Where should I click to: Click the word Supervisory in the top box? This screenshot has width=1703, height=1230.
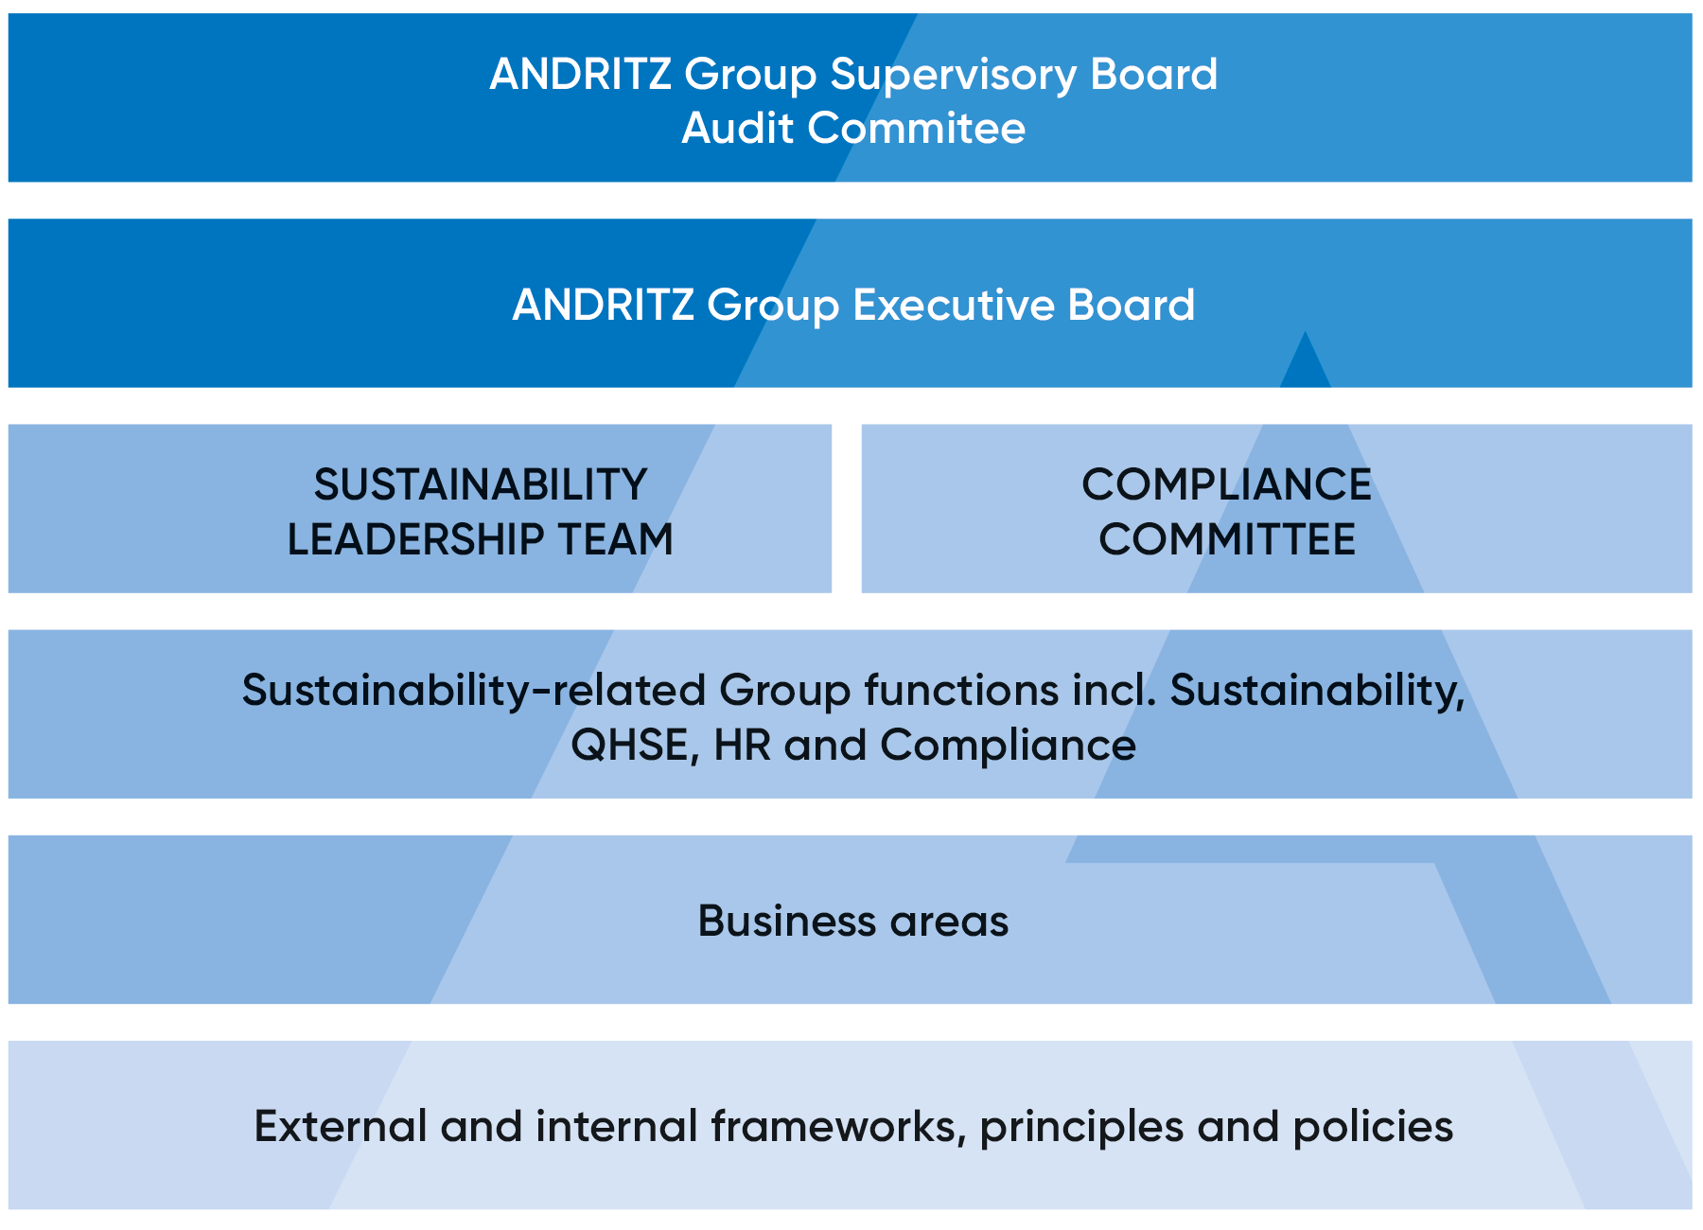[953, 75]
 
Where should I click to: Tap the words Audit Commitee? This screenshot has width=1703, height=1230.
[853, 129]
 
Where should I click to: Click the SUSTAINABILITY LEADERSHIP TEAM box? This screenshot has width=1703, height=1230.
[419, 508]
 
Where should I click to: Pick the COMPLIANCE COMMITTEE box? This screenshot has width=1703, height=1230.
[1275, 508]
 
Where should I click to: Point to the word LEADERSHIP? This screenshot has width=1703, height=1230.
[415, 539]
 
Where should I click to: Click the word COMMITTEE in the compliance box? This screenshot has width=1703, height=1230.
[1227, 539]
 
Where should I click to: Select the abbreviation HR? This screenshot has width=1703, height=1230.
[743, 746]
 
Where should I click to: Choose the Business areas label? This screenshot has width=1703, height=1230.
[853, 921]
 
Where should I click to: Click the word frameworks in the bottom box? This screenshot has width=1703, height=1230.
[837, 1127]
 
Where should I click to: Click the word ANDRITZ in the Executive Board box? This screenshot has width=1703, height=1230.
[603, 305]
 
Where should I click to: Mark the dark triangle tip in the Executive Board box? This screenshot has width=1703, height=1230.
[1306, 364]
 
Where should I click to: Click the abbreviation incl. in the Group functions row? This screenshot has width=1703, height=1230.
[1115, 691]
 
